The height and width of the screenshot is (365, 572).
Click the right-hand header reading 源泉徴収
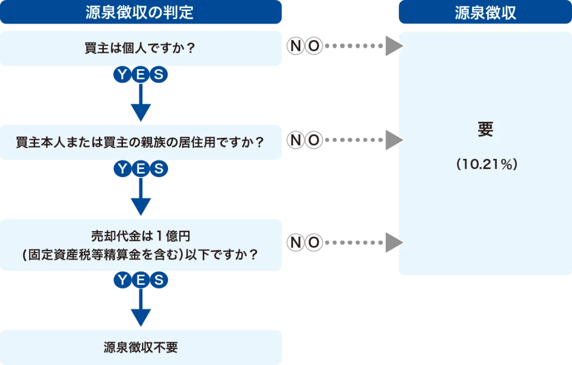(485, 13)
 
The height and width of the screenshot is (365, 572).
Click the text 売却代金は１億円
(141, 235)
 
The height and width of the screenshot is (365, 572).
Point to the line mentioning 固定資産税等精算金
(141, 254)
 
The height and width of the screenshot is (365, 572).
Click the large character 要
(485, 130)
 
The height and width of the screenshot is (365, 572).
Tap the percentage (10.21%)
(485, 165)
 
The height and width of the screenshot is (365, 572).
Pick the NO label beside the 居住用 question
(305, 140)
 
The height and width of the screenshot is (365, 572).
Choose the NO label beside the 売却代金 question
(305, 242)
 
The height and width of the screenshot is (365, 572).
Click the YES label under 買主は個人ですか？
(140, 75)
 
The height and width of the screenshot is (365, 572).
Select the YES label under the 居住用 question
(140, 169)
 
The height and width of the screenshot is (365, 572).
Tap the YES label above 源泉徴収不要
(140, 280)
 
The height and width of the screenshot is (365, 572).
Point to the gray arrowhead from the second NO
(394, 140)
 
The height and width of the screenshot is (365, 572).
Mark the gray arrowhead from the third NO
(394, 242)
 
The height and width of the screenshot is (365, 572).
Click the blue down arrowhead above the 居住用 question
(140, 112)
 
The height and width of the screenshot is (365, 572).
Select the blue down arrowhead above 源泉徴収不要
(140, 318)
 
